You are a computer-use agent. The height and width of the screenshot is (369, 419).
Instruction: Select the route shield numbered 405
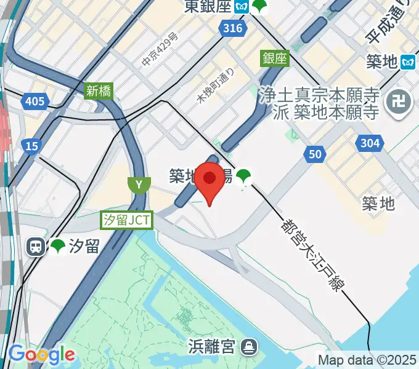coord(35,100)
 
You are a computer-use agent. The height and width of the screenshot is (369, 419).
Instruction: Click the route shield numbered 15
coord(30,146)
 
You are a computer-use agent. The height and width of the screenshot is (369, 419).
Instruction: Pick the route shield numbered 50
coord(314,154)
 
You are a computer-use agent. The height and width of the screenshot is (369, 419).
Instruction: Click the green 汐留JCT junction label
coord(127,220)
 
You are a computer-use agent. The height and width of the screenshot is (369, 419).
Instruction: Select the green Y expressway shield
coord(139,184)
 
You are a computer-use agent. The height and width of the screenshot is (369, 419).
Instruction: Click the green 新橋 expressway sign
coord(99,91)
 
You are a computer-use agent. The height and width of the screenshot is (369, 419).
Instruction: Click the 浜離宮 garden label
coord(211,347)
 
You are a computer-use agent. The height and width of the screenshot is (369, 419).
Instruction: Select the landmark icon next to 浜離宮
coord(249,347)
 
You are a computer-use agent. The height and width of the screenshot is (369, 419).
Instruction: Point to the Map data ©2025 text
coord(367,359)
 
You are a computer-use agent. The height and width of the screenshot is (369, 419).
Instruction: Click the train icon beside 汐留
coord(36,247)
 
